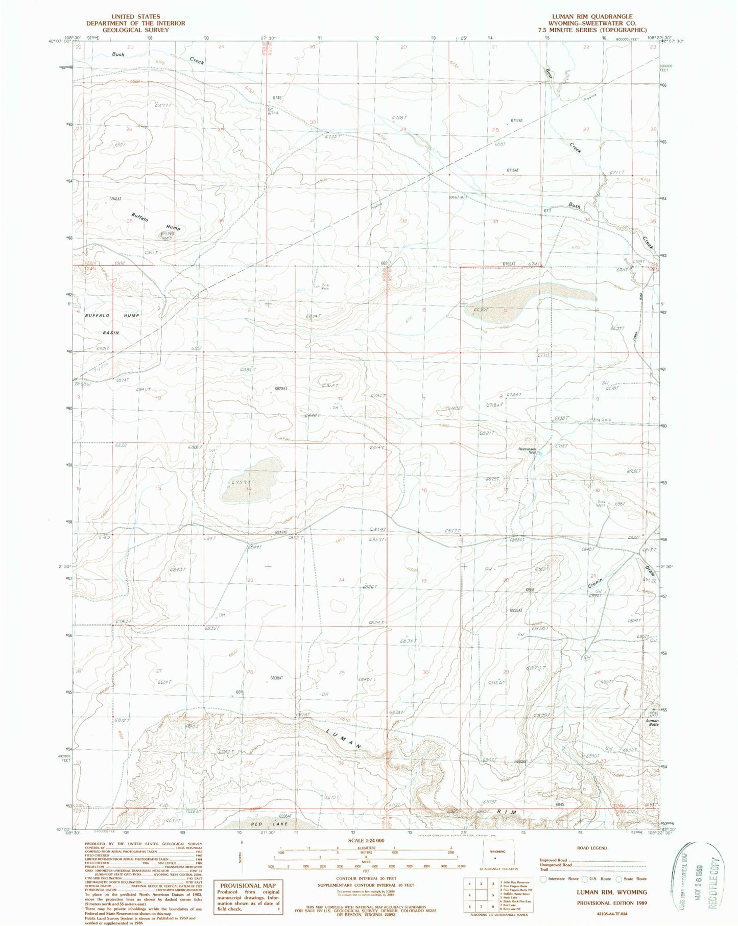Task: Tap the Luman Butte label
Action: pos(652,722)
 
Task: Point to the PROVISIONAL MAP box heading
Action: pos(247,885)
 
